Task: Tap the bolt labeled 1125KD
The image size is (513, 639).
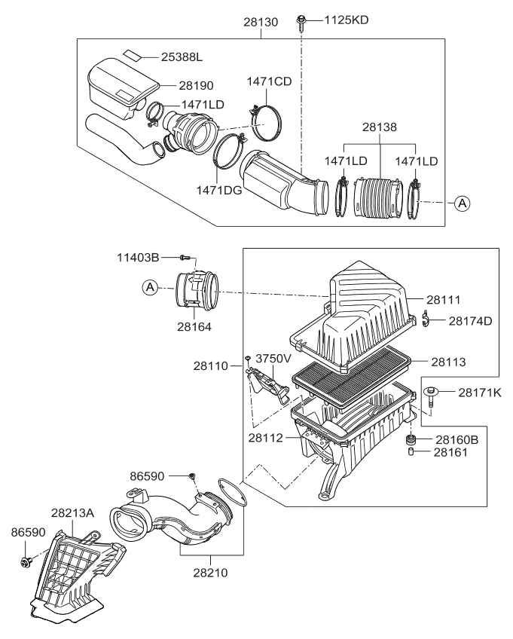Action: pos(301,20)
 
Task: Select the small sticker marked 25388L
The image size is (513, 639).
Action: pos(131,55)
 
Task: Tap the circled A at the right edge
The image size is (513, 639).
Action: pos(462,202)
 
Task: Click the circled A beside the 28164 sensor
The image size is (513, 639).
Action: pos(149,287)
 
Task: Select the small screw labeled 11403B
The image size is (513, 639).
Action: pos(187,258)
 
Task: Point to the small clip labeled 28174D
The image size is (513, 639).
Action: pos(426,320)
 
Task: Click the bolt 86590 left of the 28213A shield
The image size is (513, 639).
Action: pos(28,561)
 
